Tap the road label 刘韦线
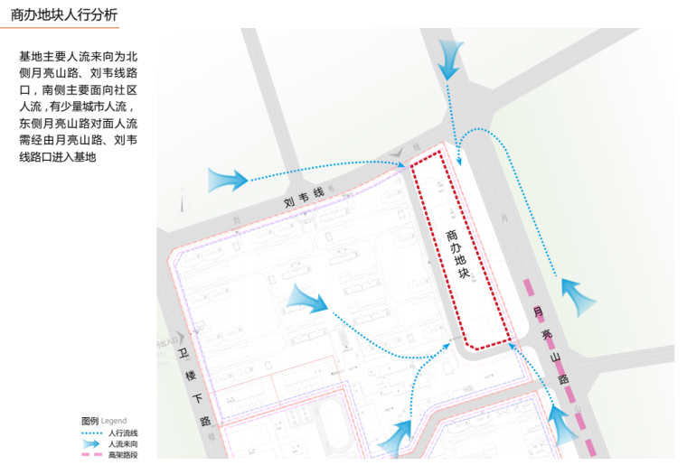(x=303, y=193)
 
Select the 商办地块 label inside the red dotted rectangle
(x=457, y=254)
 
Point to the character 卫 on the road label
(x=181, y=352)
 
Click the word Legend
(x=114, y=422)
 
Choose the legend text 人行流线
(x=123, y=433)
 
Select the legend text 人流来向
(x=123, y=444)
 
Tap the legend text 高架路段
(x=123, y=455)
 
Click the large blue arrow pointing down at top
(x=449, y=59)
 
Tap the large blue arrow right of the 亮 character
(x=576, y=294)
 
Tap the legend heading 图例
(x=89, y=422)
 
